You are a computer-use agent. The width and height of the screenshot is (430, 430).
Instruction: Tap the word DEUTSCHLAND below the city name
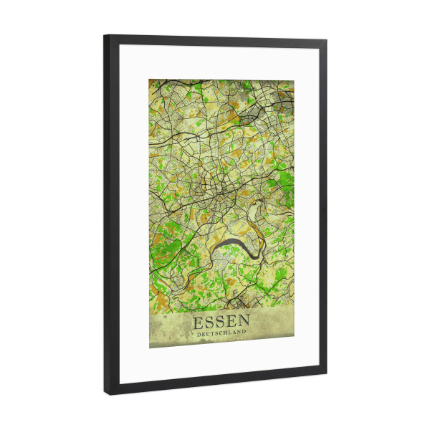(221, 334)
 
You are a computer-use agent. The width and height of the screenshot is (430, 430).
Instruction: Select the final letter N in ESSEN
(244, 322)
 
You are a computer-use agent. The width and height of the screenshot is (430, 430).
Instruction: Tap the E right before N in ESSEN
(231, 322)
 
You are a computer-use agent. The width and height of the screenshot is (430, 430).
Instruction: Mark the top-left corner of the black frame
(105, 35)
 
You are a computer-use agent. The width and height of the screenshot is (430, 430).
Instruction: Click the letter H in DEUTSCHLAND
(225, 334)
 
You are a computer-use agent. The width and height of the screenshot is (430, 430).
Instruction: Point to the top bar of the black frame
(215, 40)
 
